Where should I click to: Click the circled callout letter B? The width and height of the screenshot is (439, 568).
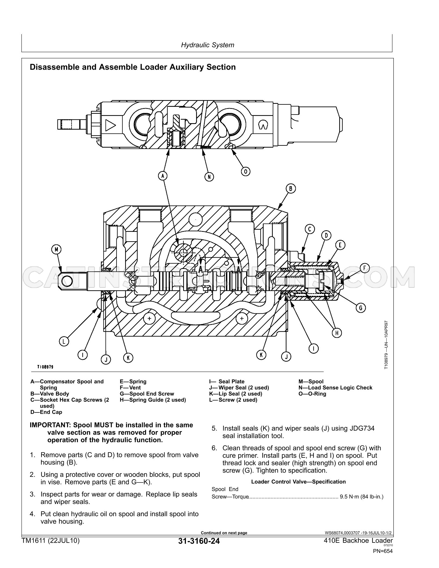click(291, 189)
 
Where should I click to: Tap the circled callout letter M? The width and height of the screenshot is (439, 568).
click(56, 250)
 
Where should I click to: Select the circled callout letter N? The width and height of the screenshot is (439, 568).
click(209, 177)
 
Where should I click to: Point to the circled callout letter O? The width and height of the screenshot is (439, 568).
click(246, 171)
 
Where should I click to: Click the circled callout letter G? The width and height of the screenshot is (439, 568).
click(361, 308)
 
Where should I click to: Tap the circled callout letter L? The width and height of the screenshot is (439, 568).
click(64, 342)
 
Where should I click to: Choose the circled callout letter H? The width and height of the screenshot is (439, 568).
click(337, 333)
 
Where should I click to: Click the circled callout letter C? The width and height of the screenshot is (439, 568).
click(310, 229)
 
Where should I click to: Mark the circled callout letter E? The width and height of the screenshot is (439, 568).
click(340, 245)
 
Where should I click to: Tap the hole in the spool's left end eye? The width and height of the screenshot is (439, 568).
click(67, 281)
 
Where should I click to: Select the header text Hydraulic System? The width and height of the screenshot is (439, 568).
click(208, 45)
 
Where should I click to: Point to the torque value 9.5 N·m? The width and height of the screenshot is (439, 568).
click(350, 497)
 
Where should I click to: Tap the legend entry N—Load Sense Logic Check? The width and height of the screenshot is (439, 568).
click(335, 388)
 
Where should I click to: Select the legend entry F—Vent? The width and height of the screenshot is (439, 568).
click(130, 388)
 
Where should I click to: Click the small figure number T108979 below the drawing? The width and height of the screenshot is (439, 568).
click(45, 367)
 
